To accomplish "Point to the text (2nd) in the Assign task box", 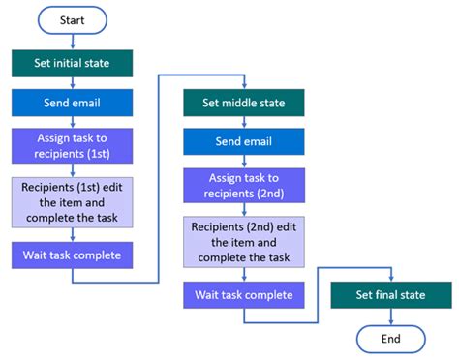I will pos(269,192).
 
